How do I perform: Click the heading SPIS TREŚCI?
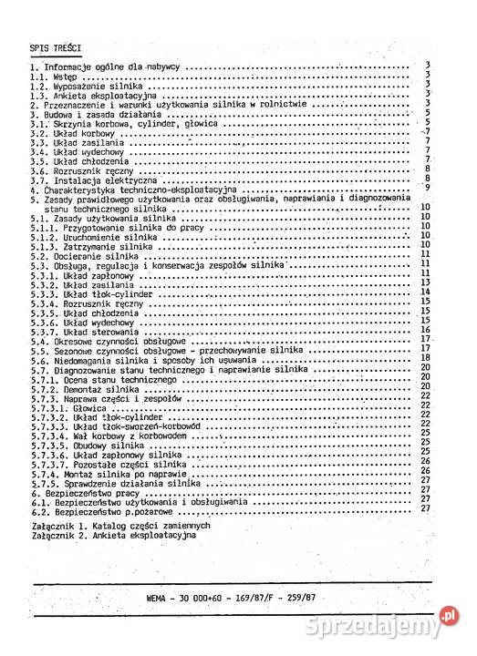pyautogui.click(x=57, y=46)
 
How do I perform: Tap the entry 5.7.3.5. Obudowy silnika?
pyautogui.click(x=96, y=446)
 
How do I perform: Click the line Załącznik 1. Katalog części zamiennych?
pyautogui.click(x=119, y=527)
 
